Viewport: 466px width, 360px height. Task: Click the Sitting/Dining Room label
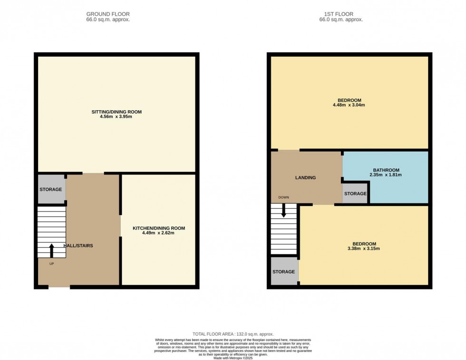[116, 112]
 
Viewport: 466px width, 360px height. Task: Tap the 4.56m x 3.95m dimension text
[116, 117]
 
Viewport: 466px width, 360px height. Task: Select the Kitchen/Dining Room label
[158, 228]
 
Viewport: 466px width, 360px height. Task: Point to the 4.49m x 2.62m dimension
[158, 234]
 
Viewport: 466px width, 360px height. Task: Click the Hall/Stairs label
[78, 246]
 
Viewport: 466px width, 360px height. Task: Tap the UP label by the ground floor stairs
[51, 263]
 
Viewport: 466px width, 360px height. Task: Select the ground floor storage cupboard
[51, 189]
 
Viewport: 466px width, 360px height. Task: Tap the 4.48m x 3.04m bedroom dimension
[349, 105]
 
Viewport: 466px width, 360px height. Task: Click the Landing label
[305, 178]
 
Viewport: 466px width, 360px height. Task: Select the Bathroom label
[386, 170]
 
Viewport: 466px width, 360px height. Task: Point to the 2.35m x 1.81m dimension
[386, 175]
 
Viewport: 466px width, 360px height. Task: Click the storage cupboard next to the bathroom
[355, 194]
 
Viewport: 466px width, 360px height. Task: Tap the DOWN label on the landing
[284, 197]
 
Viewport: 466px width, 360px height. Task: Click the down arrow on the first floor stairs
[284, 211]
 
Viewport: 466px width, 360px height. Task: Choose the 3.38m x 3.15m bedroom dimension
[363, 249]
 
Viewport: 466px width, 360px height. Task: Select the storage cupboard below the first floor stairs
[284, 272]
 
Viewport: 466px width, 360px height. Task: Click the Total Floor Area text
[233, 334]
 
